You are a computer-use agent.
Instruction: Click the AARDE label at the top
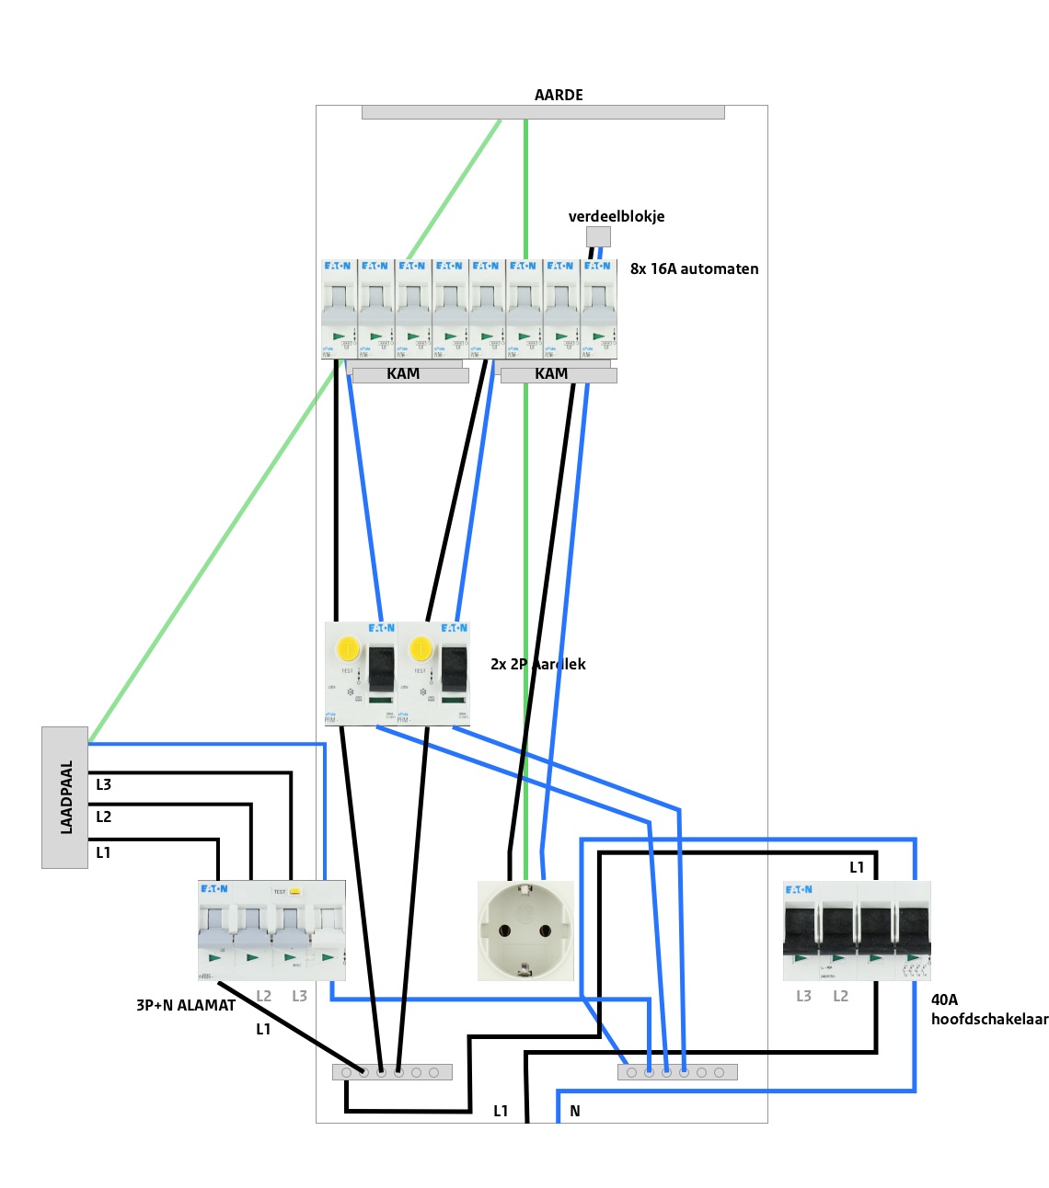[x=559, y=95]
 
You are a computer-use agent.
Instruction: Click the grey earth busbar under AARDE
[x=543, y=112]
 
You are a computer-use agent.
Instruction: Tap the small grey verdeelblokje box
[x=598, y=236]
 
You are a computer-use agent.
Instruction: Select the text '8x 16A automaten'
[x=694, y=268]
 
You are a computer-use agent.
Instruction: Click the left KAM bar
[x=410, y=374]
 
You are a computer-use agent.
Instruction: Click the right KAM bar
[x=558, y=374]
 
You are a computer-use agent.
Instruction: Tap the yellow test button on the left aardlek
[x=348, y=648]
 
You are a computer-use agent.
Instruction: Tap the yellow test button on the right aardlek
[x=421, y=648]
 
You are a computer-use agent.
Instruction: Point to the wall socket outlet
[x=525, y=931]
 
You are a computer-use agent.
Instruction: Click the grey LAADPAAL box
[x=64, y=797]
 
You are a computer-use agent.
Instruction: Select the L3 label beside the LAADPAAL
[x=103, y=784]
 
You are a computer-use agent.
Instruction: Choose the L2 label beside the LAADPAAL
[x=103, y=817]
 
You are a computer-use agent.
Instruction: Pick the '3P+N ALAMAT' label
[x=186, y=1005]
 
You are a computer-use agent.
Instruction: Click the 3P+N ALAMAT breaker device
[x=271, y=930]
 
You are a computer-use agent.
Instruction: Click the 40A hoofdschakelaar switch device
[x=857, y=931]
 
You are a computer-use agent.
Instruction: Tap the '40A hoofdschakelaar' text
[x=989, y=1010]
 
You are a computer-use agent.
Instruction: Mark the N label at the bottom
[x=575, y=1111]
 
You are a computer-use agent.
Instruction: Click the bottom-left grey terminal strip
[x=392, y=1072]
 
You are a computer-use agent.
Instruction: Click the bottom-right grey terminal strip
[x=677, y=1072]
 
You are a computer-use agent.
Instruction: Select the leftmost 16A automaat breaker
[x=339, y=309]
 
